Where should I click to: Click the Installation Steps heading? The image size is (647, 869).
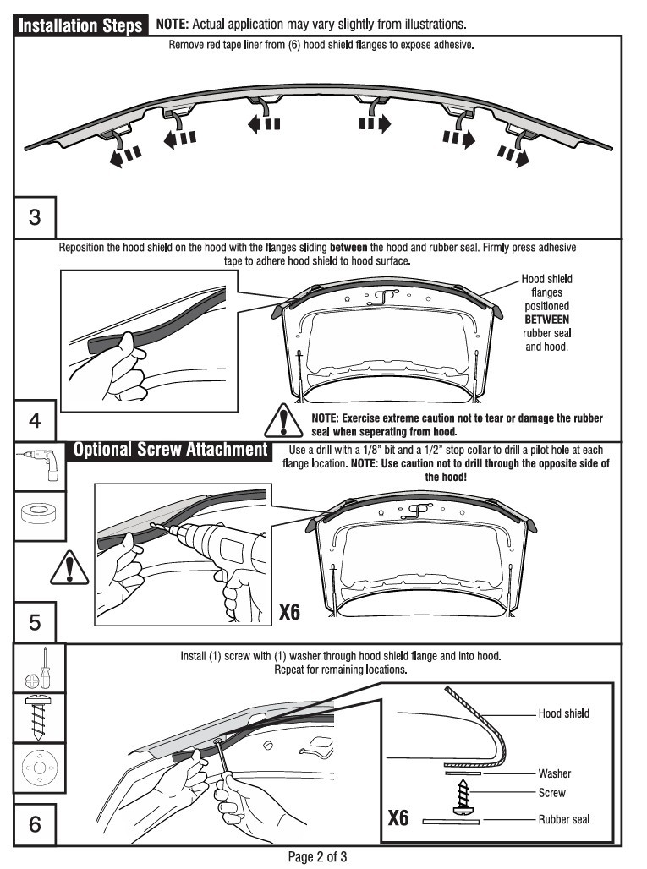(80, 26)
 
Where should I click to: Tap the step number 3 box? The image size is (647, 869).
(35, 216)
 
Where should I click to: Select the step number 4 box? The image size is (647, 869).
(35, 419)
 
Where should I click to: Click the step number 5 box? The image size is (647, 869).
(35, 623)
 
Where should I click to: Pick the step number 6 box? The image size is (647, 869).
(35, 824)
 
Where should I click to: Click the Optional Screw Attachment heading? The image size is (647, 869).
(170, 450)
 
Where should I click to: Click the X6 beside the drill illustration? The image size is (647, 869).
(289, 611)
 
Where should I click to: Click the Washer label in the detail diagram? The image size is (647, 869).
(554, 773)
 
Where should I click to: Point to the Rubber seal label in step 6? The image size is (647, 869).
(563, 819)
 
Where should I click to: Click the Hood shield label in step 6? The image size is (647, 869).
(563, 713)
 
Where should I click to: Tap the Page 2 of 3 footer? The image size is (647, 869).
(317, 857)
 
